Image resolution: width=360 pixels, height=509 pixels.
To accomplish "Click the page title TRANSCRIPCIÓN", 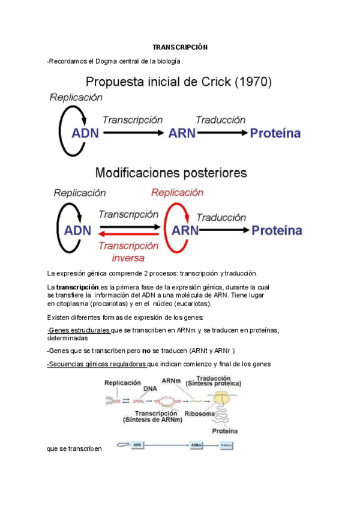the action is coord(179,47).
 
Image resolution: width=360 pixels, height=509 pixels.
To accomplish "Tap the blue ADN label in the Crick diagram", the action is coord(85,133).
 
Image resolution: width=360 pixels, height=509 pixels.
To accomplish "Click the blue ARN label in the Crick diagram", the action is coord(182,133).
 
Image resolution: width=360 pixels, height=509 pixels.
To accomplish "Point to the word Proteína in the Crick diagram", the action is coord(275,133).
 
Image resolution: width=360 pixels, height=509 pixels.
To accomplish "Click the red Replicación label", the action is coord(177,193).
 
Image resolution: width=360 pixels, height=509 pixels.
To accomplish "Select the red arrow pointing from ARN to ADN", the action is coord(130,235).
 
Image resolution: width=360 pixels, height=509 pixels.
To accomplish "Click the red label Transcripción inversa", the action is coord(128,251).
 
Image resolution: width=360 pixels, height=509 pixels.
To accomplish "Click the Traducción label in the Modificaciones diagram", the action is coord(221,217).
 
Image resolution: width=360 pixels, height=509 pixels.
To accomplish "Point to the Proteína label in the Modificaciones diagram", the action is coord(277,230).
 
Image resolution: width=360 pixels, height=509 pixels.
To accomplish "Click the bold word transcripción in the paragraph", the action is coord(77,287).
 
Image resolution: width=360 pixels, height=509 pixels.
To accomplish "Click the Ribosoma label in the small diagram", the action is coord(199,414).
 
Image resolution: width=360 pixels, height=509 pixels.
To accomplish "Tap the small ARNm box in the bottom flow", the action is coord(196,445).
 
